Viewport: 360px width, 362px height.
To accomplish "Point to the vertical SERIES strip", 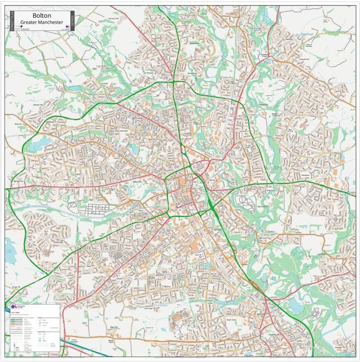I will (73, 19).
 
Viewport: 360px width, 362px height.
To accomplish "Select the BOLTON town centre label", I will (139, 182).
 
